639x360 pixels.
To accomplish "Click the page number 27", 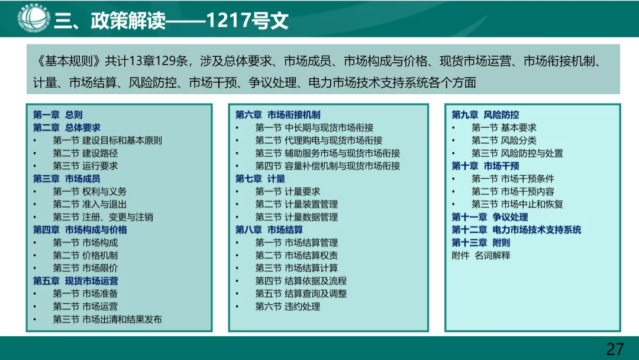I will (x=615, y=348).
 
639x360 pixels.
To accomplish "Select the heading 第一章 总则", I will (x=58, y=115).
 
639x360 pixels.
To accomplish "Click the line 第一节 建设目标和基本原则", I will (x=107, y=140).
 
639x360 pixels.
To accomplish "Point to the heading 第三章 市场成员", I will (x=67, y=179).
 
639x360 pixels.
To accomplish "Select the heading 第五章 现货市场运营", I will (x=76, y=281).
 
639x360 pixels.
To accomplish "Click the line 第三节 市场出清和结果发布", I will (x=107, y=319).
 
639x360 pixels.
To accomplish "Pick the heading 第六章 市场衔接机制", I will (x=277, y=115).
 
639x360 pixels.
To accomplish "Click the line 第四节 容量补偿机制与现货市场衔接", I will (x=327, y=166).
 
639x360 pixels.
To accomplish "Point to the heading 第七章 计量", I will (x=260, y=179).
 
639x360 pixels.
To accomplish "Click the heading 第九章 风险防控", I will (x=485, y=115).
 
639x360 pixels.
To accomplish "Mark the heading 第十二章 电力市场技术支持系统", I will (x=516, y=230).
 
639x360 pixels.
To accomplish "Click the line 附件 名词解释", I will (x=480, y=255).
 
